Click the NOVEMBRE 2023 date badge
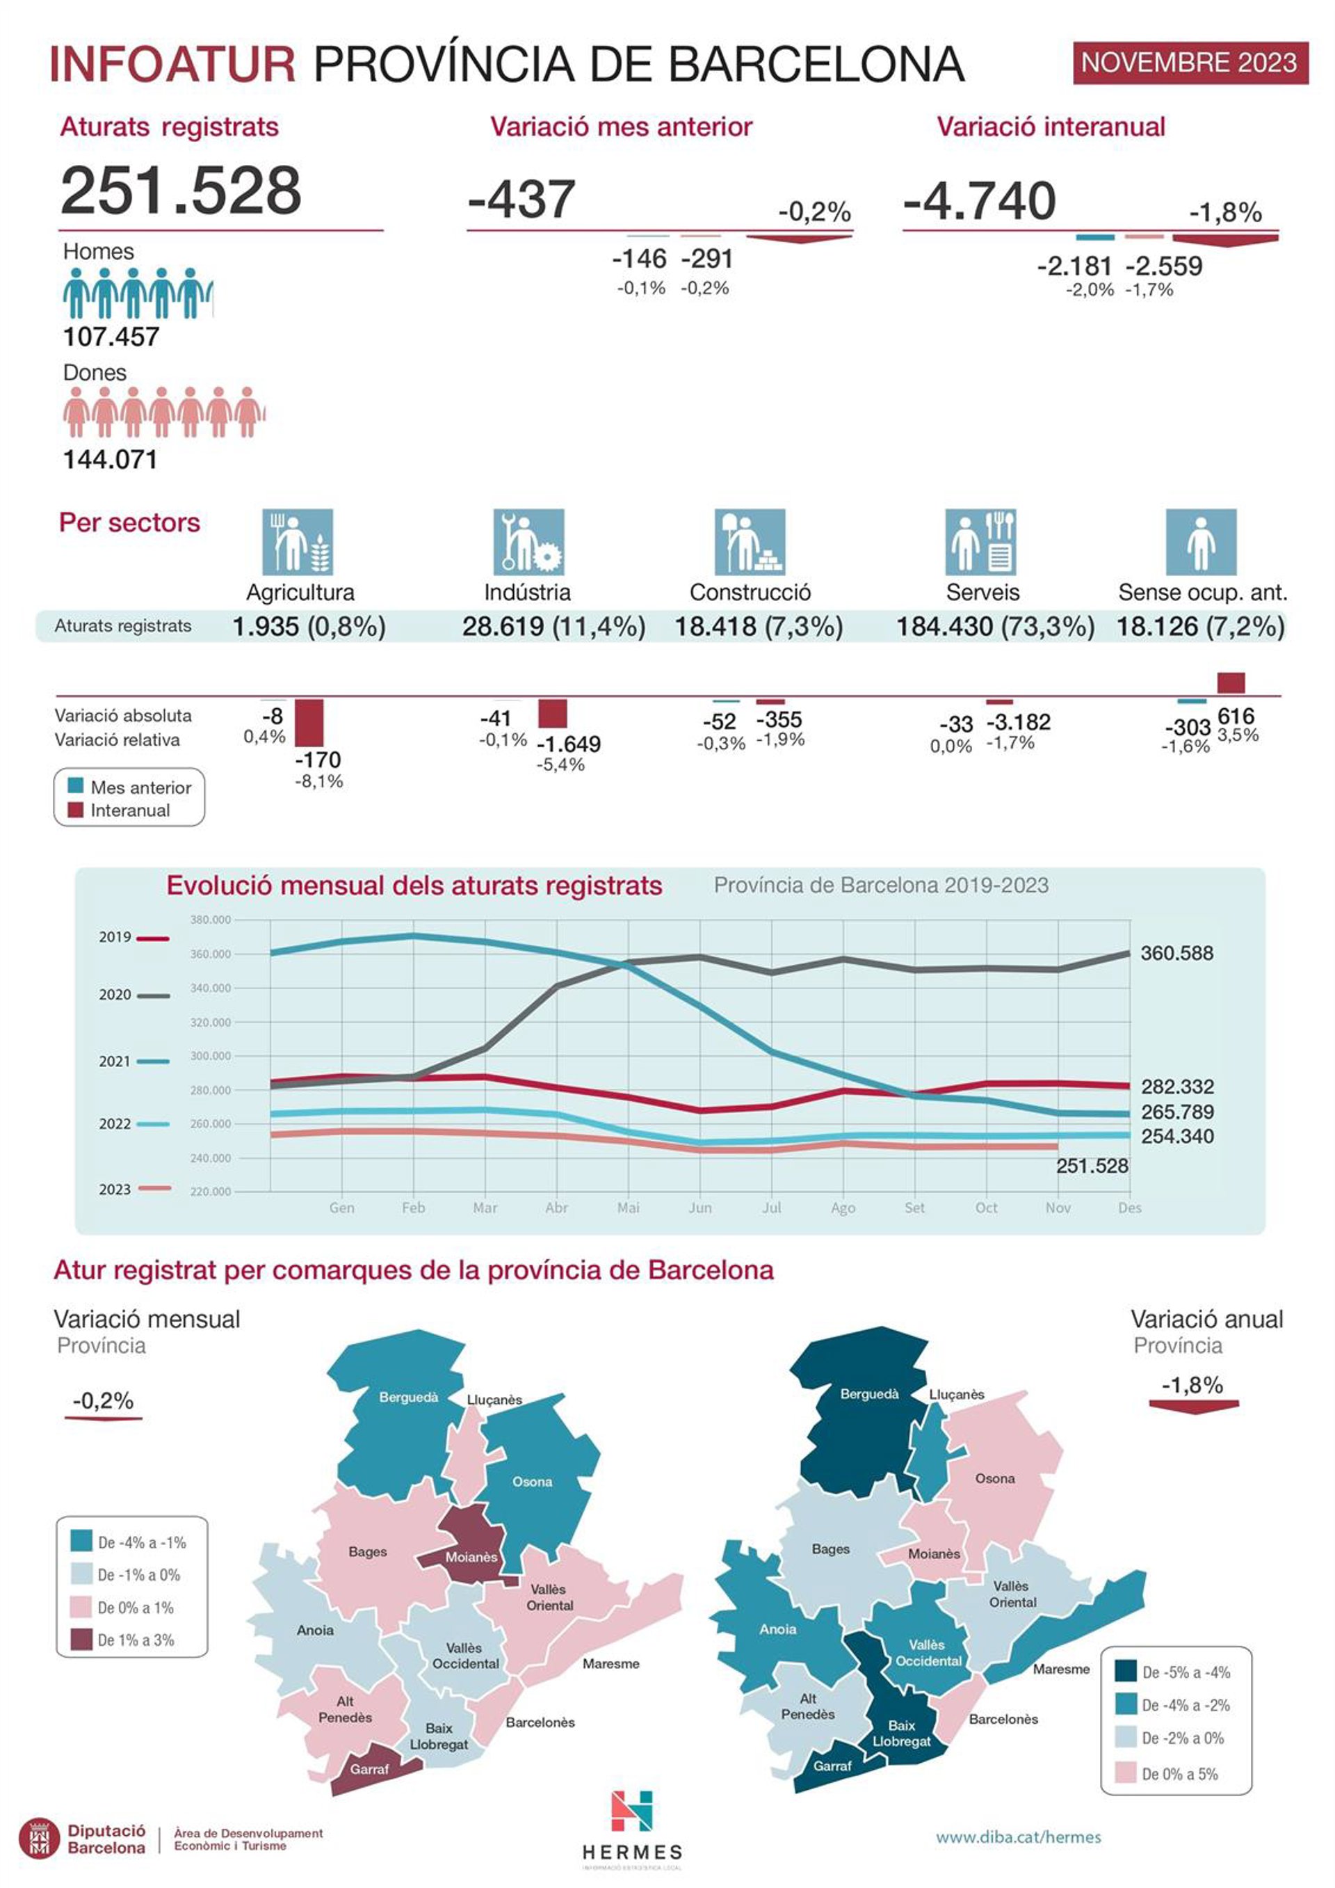1189,63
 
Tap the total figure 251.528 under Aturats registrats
181,191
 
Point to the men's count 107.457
111,336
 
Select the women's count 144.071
110,459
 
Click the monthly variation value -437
521,200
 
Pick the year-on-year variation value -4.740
979,200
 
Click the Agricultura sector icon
298,542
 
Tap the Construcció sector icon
750,542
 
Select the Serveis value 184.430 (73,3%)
995,627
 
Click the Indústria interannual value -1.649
569,744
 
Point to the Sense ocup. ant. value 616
1236,717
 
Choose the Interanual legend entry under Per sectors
129,811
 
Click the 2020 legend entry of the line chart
133,995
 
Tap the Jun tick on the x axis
699,1208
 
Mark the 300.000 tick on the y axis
211,1056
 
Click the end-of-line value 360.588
1176,954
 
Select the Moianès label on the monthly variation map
471,1558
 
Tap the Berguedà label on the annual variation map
869,1395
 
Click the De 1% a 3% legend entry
136,1640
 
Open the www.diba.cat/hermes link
1018,1837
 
